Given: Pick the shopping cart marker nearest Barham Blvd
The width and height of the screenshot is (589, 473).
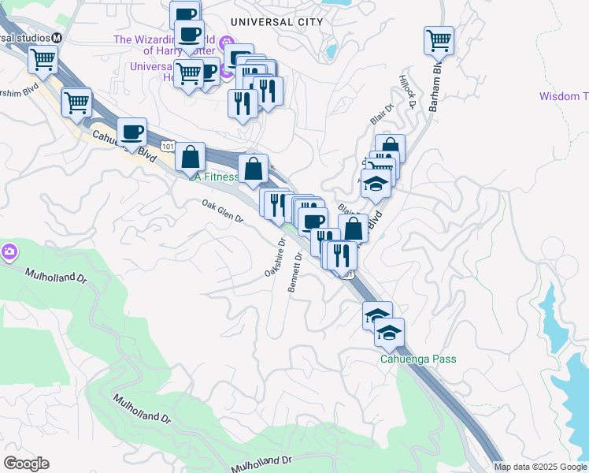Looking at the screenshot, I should tap(439, 40).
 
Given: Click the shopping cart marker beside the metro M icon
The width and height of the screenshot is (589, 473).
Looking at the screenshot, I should tap(43, 58).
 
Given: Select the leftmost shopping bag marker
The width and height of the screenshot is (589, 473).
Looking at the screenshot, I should tap(190, 156).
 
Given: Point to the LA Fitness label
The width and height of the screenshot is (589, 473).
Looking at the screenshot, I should tap(213, 177).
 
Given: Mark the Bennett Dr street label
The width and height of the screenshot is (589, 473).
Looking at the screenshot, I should tap(296, 273).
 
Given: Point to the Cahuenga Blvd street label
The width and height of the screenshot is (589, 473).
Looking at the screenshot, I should tap(123, 147).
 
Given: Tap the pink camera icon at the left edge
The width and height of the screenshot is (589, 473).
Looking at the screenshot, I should tap(9, 252).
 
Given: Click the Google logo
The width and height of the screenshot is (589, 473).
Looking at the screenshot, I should tap(26, 464).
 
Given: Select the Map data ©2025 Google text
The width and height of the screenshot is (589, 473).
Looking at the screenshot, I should tap(540, 467).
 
